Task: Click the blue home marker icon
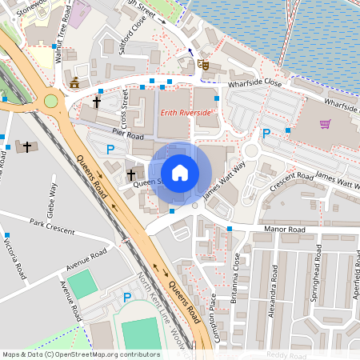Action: tap(180, 172)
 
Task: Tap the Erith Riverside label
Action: tap(186, 113)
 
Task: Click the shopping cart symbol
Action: tap(325, 124)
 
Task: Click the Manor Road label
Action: tap(286, 230)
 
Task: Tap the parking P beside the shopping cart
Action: tap(266, 134)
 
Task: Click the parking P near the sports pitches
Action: tap(126, 298)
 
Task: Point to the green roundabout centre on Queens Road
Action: tap(52, 102)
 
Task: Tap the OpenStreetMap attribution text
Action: tap(80, 354)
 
